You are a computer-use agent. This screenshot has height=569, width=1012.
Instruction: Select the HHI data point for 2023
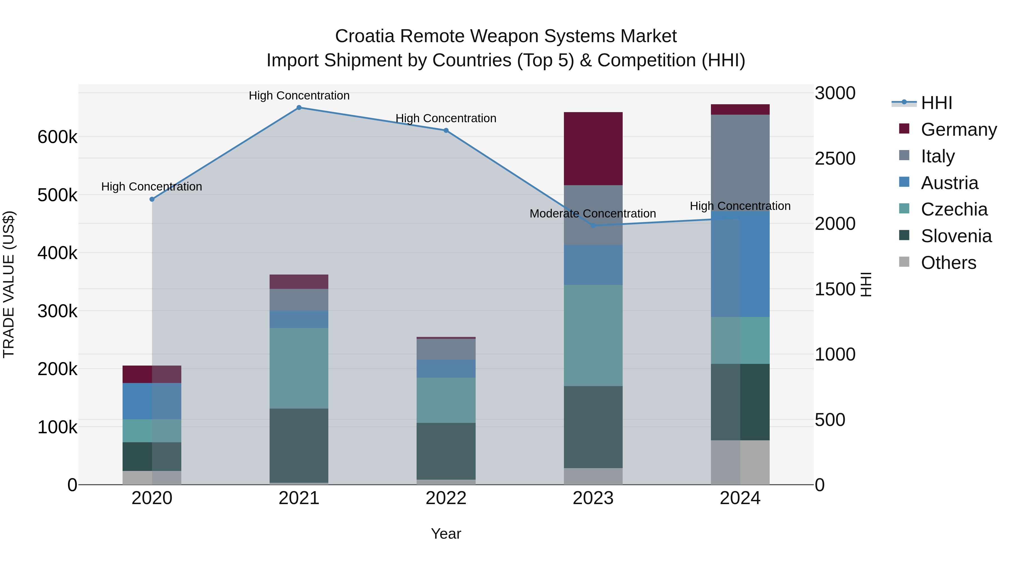pos(593,226)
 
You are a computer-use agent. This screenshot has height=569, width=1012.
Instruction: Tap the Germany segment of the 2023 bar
pos(593,148)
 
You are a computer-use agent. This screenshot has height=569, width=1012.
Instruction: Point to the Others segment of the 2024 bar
pos(740,462)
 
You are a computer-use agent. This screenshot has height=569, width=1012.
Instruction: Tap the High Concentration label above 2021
pos(299,96)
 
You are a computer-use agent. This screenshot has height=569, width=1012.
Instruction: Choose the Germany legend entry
pos(958,130)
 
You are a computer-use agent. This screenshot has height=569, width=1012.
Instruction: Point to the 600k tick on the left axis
pos(57,137)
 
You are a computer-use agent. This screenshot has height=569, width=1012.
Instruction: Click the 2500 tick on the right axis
pos(835,159)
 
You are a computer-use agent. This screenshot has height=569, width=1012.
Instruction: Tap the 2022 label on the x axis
pos(446,498)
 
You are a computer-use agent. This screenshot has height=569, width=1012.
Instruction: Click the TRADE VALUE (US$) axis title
pos(9,284)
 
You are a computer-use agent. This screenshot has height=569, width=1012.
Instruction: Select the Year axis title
pos(446,534)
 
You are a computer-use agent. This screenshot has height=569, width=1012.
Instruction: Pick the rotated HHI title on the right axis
pos(866,284)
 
